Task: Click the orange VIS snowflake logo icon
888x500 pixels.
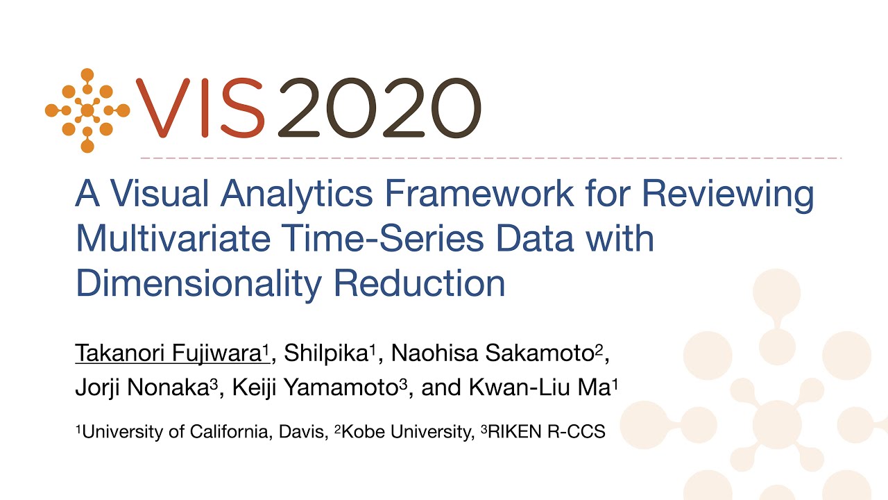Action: coord(87,110)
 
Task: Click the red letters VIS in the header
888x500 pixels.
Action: coord(200,108)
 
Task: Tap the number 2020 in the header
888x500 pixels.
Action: coord(379,108)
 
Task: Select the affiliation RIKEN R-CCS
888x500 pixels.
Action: coord(545,431)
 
